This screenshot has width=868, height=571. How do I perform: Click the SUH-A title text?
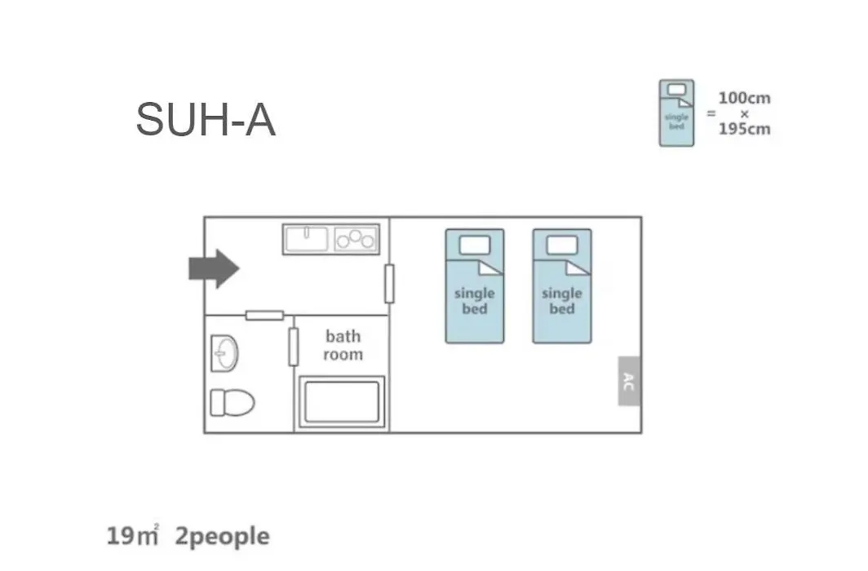tap(206, 120)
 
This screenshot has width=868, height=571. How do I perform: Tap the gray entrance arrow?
tap(215, 269)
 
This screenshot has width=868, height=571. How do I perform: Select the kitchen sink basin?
tap(306, 239)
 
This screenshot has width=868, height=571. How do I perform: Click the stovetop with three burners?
tap(356, 240)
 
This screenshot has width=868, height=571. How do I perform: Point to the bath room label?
tap(343, 345)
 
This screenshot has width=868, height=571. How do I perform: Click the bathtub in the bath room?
tap(342, 401)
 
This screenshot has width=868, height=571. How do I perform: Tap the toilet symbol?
tap(232, 402)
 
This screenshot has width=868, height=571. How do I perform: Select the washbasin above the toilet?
tap(225, 353)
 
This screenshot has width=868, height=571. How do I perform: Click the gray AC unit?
tap(629, 381)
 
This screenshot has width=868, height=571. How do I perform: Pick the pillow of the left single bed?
tap(475, 245)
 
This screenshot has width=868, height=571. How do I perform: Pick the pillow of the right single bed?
tap(562, 245)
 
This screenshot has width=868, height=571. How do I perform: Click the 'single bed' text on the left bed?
tap(475, 301)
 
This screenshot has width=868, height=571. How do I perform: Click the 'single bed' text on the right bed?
tap(562, 301)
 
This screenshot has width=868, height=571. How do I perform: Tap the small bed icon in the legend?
tap(676, 113)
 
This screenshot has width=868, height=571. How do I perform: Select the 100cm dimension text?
tap(745, 99)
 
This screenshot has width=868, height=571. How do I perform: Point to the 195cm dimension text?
tap(745, 130)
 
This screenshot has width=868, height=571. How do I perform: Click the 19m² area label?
tap(132, 536)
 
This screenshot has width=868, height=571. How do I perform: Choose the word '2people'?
tap(223, 537)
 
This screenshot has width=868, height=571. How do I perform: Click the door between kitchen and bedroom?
tap(389, 284)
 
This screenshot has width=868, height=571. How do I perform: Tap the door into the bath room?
tap(294, 347)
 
